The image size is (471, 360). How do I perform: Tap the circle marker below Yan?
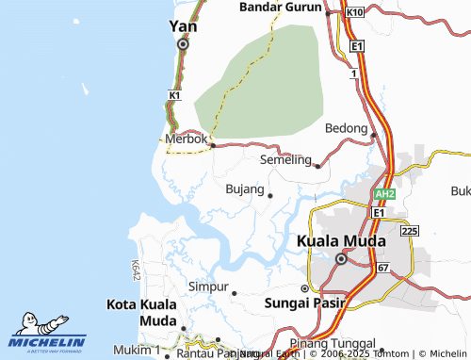183,43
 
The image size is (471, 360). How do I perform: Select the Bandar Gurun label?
280,7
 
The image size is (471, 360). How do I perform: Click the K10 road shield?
354,11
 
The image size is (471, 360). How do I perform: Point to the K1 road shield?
174,96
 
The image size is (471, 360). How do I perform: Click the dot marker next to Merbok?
213,146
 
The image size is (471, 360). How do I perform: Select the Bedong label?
346,127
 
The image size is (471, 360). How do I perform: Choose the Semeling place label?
284,159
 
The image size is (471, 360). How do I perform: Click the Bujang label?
245,189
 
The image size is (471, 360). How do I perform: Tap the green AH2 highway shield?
383,193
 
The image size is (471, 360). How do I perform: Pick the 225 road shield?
409,230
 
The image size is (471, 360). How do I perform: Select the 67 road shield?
383,269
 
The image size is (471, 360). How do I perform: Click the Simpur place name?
209,286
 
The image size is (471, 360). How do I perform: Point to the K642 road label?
137,271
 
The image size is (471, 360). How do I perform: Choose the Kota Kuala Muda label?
139,313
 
